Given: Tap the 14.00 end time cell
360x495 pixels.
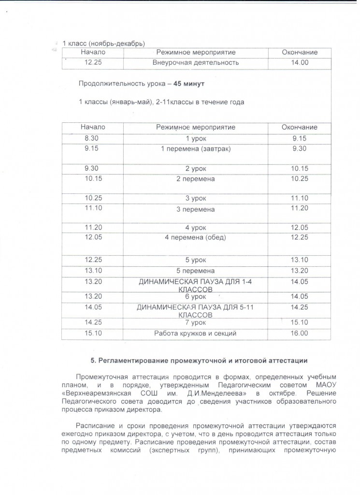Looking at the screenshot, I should (300, 62).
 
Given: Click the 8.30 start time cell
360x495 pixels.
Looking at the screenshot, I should (91, 139).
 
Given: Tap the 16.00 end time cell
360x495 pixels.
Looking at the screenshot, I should (300, 333).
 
